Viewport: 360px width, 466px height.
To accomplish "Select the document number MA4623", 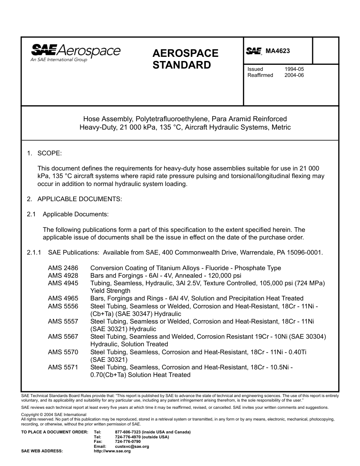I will [x=277, y=51].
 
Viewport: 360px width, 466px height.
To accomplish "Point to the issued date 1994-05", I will [x=294, y=69].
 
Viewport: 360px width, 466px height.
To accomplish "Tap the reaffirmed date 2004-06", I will [x=294, y=75].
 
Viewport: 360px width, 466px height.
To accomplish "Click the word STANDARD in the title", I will [x=182, y=65].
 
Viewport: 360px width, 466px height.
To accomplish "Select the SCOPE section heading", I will [x=49, y=153].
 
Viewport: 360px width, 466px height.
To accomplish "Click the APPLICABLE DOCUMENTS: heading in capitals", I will [x=80, y=199].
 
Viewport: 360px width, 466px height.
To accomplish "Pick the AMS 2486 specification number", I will [x=63, y=268].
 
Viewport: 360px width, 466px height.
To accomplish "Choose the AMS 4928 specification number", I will [x=63, y=275].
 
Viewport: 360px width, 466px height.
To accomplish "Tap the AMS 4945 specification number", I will [x=63, y=283].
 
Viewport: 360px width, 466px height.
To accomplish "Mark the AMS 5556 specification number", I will [x=63, y=306].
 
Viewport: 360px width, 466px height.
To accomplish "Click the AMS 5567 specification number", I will [x=63, y=336].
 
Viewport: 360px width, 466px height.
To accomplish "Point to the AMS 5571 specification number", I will [x=63, y=367].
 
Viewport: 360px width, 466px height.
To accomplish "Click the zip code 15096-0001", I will [x=305, y=252].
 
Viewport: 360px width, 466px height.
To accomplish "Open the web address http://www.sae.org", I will [x=112, y=451].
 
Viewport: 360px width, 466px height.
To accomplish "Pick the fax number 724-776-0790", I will [x=128, y=441].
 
